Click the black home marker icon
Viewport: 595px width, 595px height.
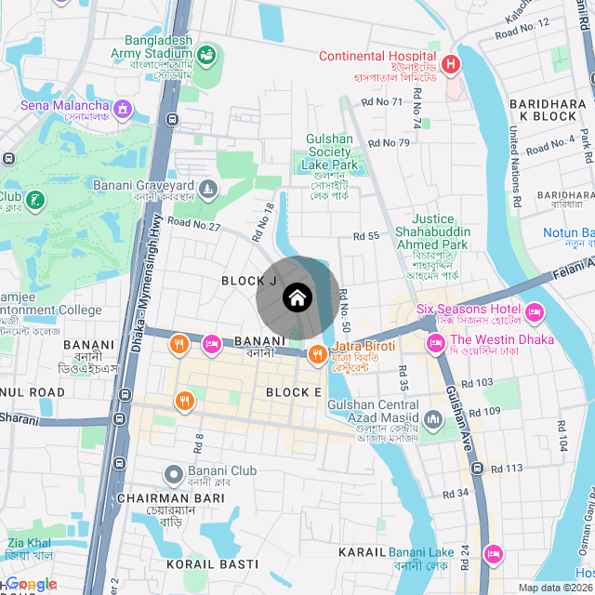[297, 297]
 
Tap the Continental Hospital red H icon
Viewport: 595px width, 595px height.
[451, 64]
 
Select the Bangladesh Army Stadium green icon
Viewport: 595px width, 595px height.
[205, 55]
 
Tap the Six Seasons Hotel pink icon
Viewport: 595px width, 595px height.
[535, 311]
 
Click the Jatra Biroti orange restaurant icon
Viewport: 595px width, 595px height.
[317, 353]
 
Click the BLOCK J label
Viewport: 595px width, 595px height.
[249, 281]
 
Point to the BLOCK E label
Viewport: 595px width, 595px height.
[294, 393]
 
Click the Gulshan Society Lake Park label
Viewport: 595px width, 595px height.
[329, 152]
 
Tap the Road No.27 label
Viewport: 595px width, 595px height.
[194, 224]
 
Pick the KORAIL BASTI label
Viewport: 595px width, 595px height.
[212, 564]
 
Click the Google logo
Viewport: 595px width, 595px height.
[31, 585]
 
